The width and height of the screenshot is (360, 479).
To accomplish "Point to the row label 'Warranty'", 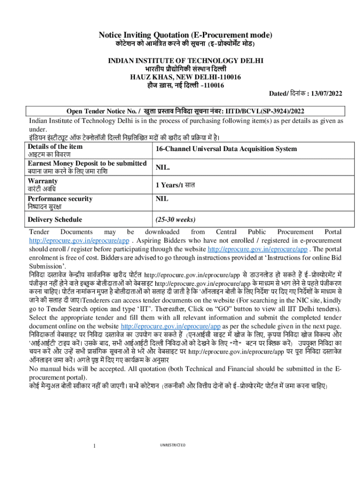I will [43, 181].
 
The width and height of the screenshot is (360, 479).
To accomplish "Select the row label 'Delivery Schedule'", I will [55, 219].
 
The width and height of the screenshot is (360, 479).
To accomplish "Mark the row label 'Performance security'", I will [60, 199].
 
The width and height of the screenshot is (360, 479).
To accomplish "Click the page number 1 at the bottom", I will [94, 445].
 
